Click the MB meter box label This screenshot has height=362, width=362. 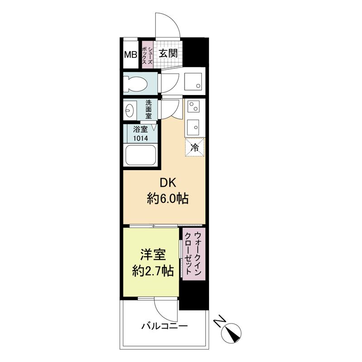coord(131,55)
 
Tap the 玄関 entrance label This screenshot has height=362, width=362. coord(168,53)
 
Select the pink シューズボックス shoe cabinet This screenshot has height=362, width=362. coord(148,54)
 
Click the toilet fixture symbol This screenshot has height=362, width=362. coord(135,84)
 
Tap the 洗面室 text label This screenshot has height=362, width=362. coord(149,110)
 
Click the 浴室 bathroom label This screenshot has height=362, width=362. coord(140,129)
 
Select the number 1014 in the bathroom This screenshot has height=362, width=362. coord(140,138)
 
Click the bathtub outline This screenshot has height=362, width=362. coord(140,155)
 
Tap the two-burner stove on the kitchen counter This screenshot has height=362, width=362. coord(194,107)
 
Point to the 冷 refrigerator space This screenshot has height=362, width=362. coord(195,148)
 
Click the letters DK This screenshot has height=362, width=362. coord(168,183)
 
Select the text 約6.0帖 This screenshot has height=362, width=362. coord(168,199)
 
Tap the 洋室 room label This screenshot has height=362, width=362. coord(153,255)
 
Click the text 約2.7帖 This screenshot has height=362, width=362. coord(153,271)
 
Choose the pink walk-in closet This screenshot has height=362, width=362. coord(194,254)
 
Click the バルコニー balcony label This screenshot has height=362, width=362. coord(164,326)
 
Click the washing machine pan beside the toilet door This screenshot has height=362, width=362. coord(193,81)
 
